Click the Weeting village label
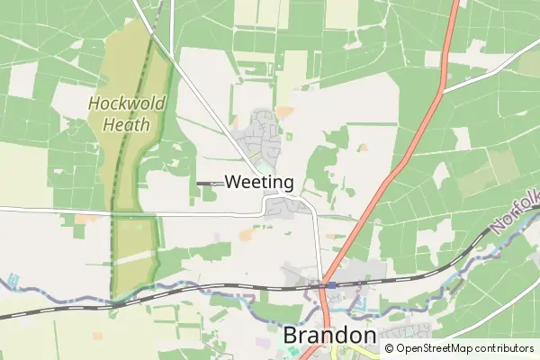(259, 182)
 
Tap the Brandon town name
(329, 336)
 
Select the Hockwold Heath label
(127, 113)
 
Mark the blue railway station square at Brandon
(331, 284)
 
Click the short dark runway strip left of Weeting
(208, 183)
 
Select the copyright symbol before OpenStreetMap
(390, 348)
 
